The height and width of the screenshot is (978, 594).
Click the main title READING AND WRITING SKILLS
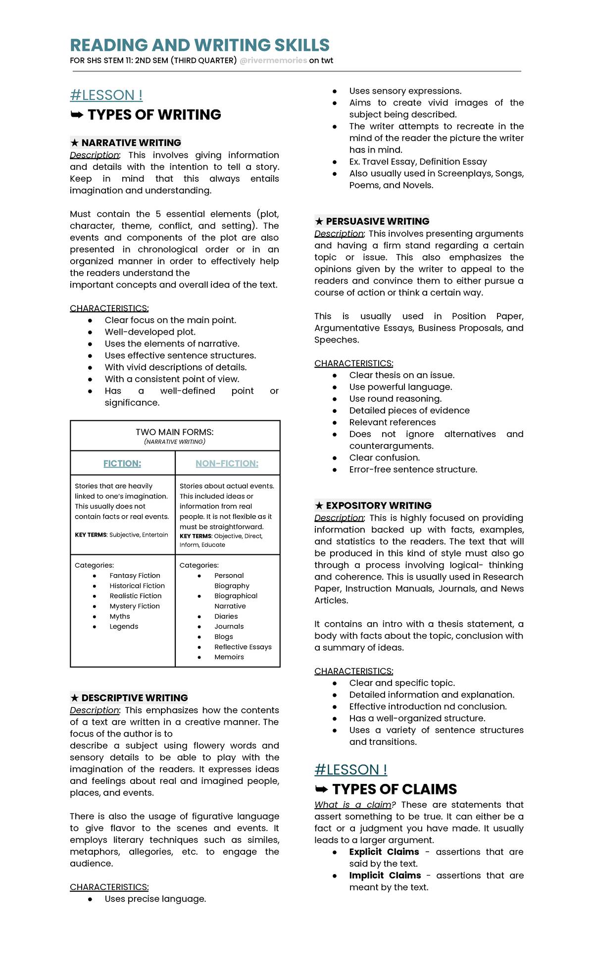pos(199,45)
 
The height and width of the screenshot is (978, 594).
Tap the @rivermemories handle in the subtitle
pos(273,60)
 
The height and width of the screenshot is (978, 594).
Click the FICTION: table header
pos(122,463)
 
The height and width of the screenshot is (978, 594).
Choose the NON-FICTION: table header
pos(227,463)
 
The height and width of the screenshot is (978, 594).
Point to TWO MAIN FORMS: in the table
pos(175,432)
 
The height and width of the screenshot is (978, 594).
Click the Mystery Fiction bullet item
pos(135,606)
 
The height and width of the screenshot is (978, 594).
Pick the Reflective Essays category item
pos(243,647)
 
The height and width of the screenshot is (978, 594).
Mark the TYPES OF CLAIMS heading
pos(394,789)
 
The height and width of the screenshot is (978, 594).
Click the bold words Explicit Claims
pos(384,852)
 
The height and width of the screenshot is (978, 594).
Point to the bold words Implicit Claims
pos(385,876)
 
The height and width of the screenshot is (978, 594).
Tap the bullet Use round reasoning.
pos(395,398)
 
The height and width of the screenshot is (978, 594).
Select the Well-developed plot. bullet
pos(150,332)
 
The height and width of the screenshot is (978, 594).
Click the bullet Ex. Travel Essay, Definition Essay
pos(418,161)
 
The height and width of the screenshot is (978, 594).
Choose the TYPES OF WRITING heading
pos(154,115)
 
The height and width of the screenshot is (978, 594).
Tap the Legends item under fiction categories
pos(124,626)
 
